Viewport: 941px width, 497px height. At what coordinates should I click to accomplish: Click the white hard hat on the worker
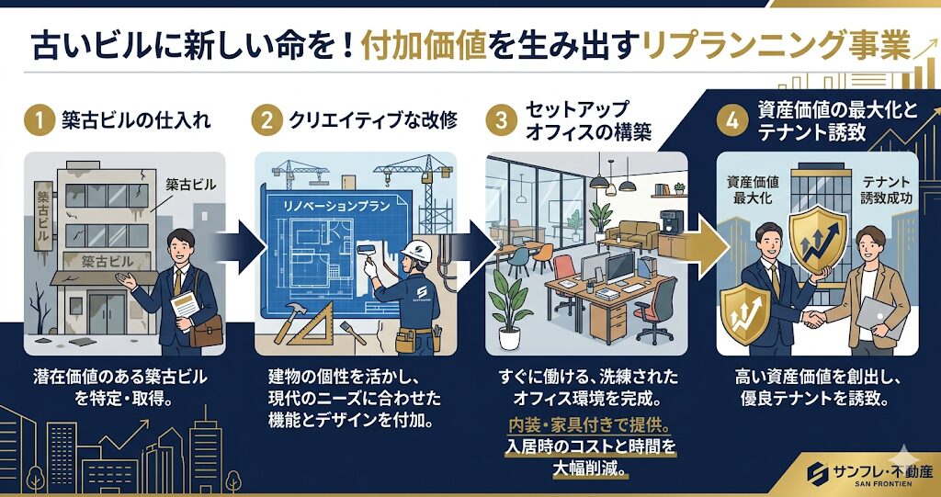[x=416, y=251]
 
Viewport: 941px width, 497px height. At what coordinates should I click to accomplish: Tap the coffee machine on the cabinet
[x=670, y=222]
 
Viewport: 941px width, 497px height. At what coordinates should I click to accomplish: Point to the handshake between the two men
[x=814, y=319]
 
